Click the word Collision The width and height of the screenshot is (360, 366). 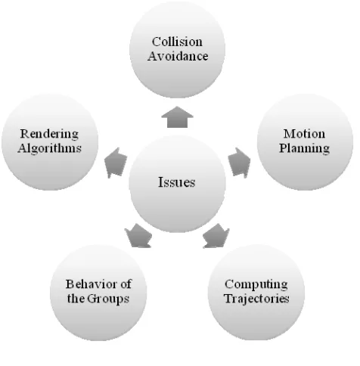[177, 42]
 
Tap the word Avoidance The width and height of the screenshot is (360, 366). [178, 56]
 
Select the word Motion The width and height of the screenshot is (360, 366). [304, 134]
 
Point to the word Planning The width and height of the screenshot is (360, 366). [304, 148]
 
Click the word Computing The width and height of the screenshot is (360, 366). [256, 284]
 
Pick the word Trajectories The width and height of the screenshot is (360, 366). [256, 299]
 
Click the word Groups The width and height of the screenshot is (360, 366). [108, 299]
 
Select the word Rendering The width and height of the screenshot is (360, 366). [49, 134]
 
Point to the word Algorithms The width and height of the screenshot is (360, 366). [50, 148]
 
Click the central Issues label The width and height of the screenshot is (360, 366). [177, 182]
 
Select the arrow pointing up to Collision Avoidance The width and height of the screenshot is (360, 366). [177, 117]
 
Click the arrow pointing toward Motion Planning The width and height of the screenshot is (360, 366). [239, 163]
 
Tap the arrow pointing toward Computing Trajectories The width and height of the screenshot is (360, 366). [216, 236]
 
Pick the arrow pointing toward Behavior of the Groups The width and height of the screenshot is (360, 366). [138, 236]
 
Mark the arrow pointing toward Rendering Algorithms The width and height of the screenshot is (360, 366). [116, 163]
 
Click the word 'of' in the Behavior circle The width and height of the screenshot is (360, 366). [126, 284]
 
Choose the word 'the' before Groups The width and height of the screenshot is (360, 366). [76, 299]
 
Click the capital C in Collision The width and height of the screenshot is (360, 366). [157, 42]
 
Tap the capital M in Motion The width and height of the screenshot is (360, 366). [290, 134]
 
